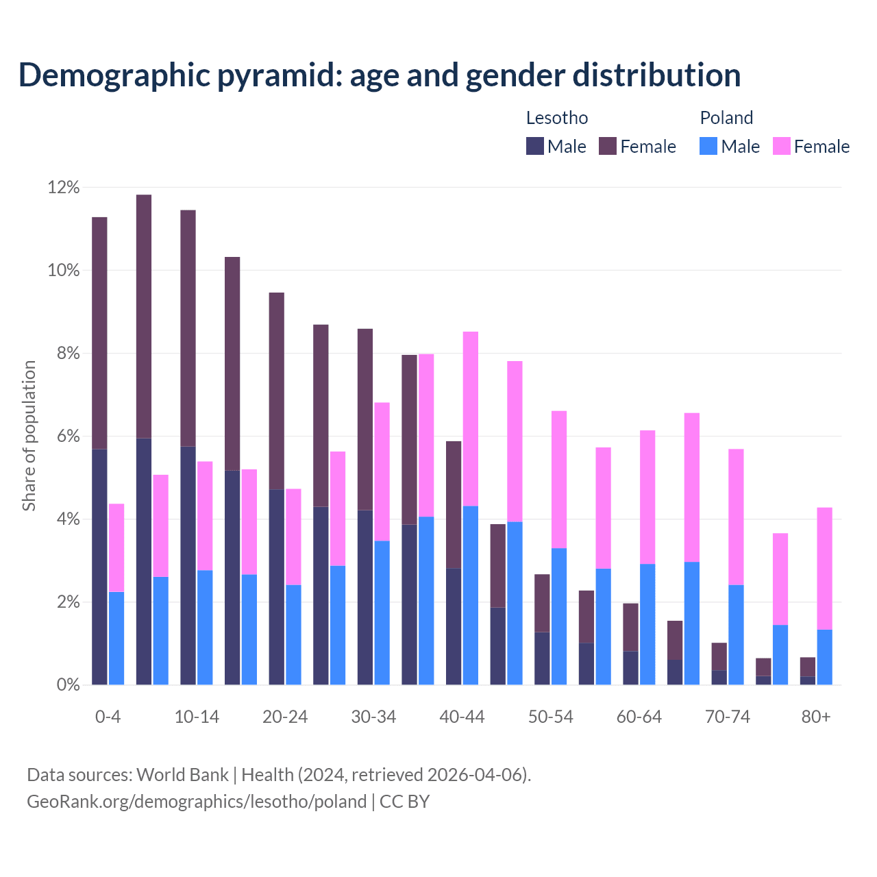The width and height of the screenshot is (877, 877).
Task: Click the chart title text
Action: (x=379, y=75)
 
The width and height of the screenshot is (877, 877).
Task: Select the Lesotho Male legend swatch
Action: (x=534, y=146)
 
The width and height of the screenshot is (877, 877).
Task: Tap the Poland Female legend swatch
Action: (x=781, y=146)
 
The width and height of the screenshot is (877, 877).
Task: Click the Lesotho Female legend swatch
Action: (x=608, y=146)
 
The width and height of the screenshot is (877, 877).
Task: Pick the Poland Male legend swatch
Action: (x=708, y=146)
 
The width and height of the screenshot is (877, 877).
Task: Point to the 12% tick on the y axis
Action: (x=64, y=187)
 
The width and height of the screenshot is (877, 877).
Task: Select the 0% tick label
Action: (x=66, y=685)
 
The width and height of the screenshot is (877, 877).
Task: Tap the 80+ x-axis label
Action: (x=816, y=717)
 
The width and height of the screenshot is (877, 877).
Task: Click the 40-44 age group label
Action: (x=462, y=717)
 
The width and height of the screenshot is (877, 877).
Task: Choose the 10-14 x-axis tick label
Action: (x=197, y=717)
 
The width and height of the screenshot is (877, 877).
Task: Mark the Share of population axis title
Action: (x=29, y=436)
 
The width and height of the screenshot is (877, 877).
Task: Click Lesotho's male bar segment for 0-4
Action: (x=99, y=567)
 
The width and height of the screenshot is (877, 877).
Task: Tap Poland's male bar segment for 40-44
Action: (x=471, y=595)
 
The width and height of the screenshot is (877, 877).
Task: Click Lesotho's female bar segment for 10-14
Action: (x=188, y=328)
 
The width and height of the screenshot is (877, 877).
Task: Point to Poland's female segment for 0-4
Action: (x=116, y=547)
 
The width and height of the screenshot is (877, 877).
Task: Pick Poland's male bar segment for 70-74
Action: (x=736, y=634)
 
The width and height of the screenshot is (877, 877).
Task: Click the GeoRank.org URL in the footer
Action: (x=197, y=801)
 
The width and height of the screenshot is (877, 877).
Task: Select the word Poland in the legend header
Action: (x=726, y=118)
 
